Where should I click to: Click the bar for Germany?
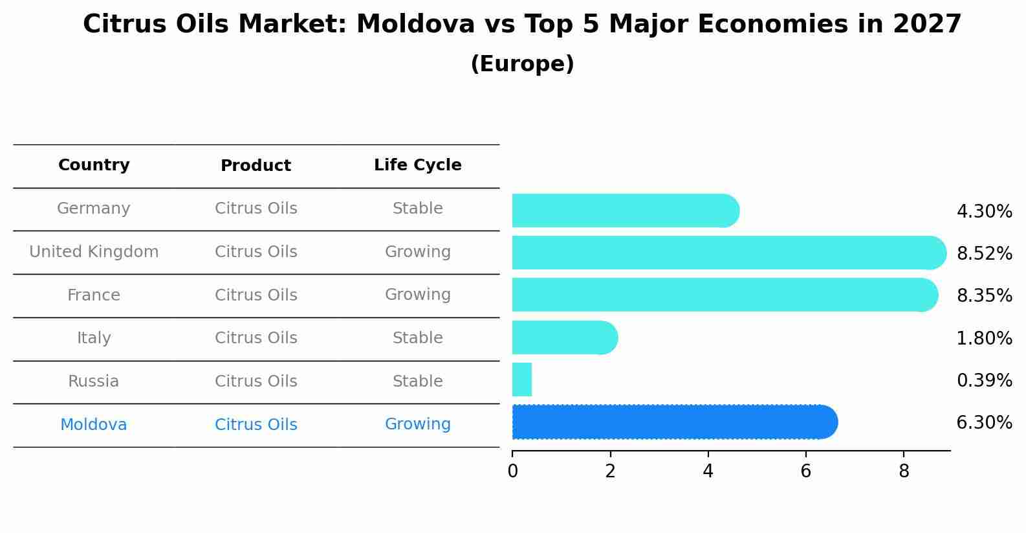click(x=625, y=210)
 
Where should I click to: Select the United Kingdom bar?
click(x=728, y=253)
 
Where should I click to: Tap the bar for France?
click(x=725, y=295)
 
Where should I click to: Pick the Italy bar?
click(x=564, y=337)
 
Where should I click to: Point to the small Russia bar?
click(x=522, y=380)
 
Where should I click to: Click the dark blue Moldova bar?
click(x=674, y=422)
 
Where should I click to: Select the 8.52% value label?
click(x=984, y=253)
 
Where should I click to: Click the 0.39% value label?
click(x=984, y=380)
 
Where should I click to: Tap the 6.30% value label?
click(x=984, y=423)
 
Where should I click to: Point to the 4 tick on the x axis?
click(x=708, y=471)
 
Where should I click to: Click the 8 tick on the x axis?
click(x=904, y=471)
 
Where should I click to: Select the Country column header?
click(x=94, y=165)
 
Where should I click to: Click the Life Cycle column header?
click(x=417, y=165)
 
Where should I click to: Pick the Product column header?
click(x=256, y=166)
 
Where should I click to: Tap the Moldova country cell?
click(x=94, y=425)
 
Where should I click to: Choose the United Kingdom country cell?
click(x=94, y=252)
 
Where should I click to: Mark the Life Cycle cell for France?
click(x=417, y=295)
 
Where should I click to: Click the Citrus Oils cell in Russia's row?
click(x=256, y=381)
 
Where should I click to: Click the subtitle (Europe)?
click(x=522, y=64)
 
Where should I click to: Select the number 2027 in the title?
click(x=927, y=25)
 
